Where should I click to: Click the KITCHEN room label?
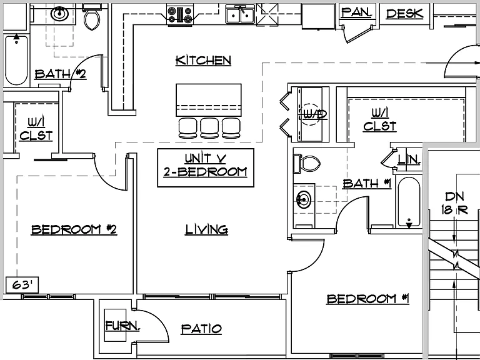pos(203,60)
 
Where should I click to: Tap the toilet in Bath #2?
pos(91,17)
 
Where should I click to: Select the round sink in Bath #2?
pos(59,14)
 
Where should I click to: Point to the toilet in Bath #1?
pos(307,164)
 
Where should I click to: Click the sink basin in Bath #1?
pos(304,200)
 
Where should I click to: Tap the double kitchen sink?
pos(240,15)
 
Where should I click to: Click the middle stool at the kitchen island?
pos(209,128)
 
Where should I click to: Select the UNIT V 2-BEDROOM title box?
pos(206,167)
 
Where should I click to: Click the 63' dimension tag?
pos(22,285)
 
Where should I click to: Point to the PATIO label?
pos(201,329)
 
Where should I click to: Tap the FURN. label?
pos(122,326)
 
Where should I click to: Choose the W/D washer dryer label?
pos(315,114)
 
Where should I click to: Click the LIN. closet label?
pos(409,159)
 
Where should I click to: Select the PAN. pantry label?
pos(357,12)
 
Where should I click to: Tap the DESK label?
pos(405,14)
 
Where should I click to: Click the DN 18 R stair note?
pos(454,203)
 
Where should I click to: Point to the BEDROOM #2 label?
pos(74,229)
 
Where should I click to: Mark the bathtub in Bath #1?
pos(409,202)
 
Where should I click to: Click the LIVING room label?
pos(207,229)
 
